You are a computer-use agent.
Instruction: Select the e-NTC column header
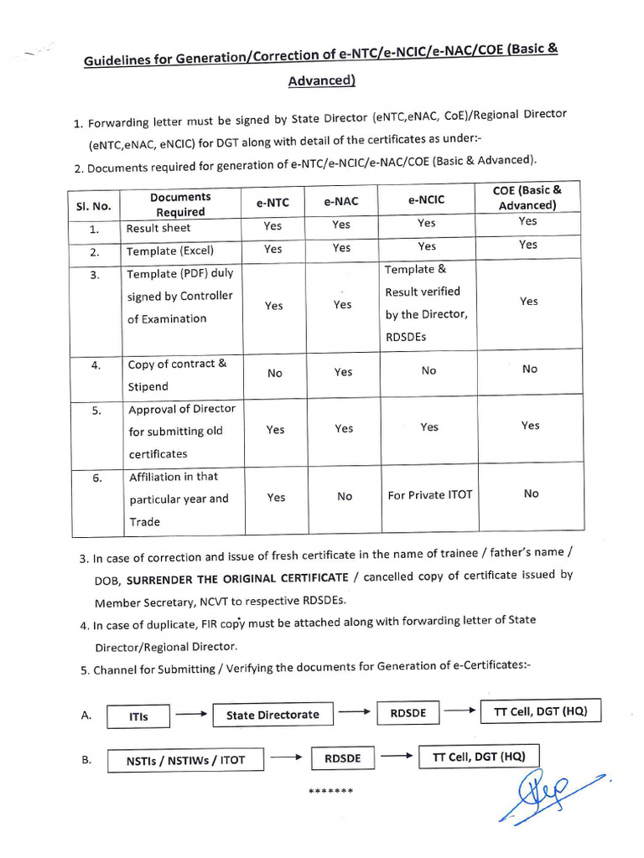click(273, 202)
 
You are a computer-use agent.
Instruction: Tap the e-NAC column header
click(341, 201)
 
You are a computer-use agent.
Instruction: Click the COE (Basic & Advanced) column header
click(527, 198)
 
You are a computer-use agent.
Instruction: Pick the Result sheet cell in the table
click(158, 228)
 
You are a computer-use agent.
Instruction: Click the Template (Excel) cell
click(170, 251)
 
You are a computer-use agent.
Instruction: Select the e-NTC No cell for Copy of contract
click(275, 373)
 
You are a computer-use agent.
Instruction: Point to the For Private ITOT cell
click(429, 495)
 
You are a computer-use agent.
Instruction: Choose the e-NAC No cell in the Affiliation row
click(345, 496)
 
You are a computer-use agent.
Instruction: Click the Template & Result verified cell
click(426, 302)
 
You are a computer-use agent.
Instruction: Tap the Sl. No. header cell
click(94, 206)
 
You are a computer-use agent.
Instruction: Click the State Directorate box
click(273, 715)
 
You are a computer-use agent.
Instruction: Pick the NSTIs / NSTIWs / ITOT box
click(185, 760)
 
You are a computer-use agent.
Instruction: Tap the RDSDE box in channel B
click(342, 758)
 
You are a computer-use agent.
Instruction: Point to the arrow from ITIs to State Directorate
click(191, 715)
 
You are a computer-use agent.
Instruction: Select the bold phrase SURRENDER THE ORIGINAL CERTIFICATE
click(237, 577)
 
